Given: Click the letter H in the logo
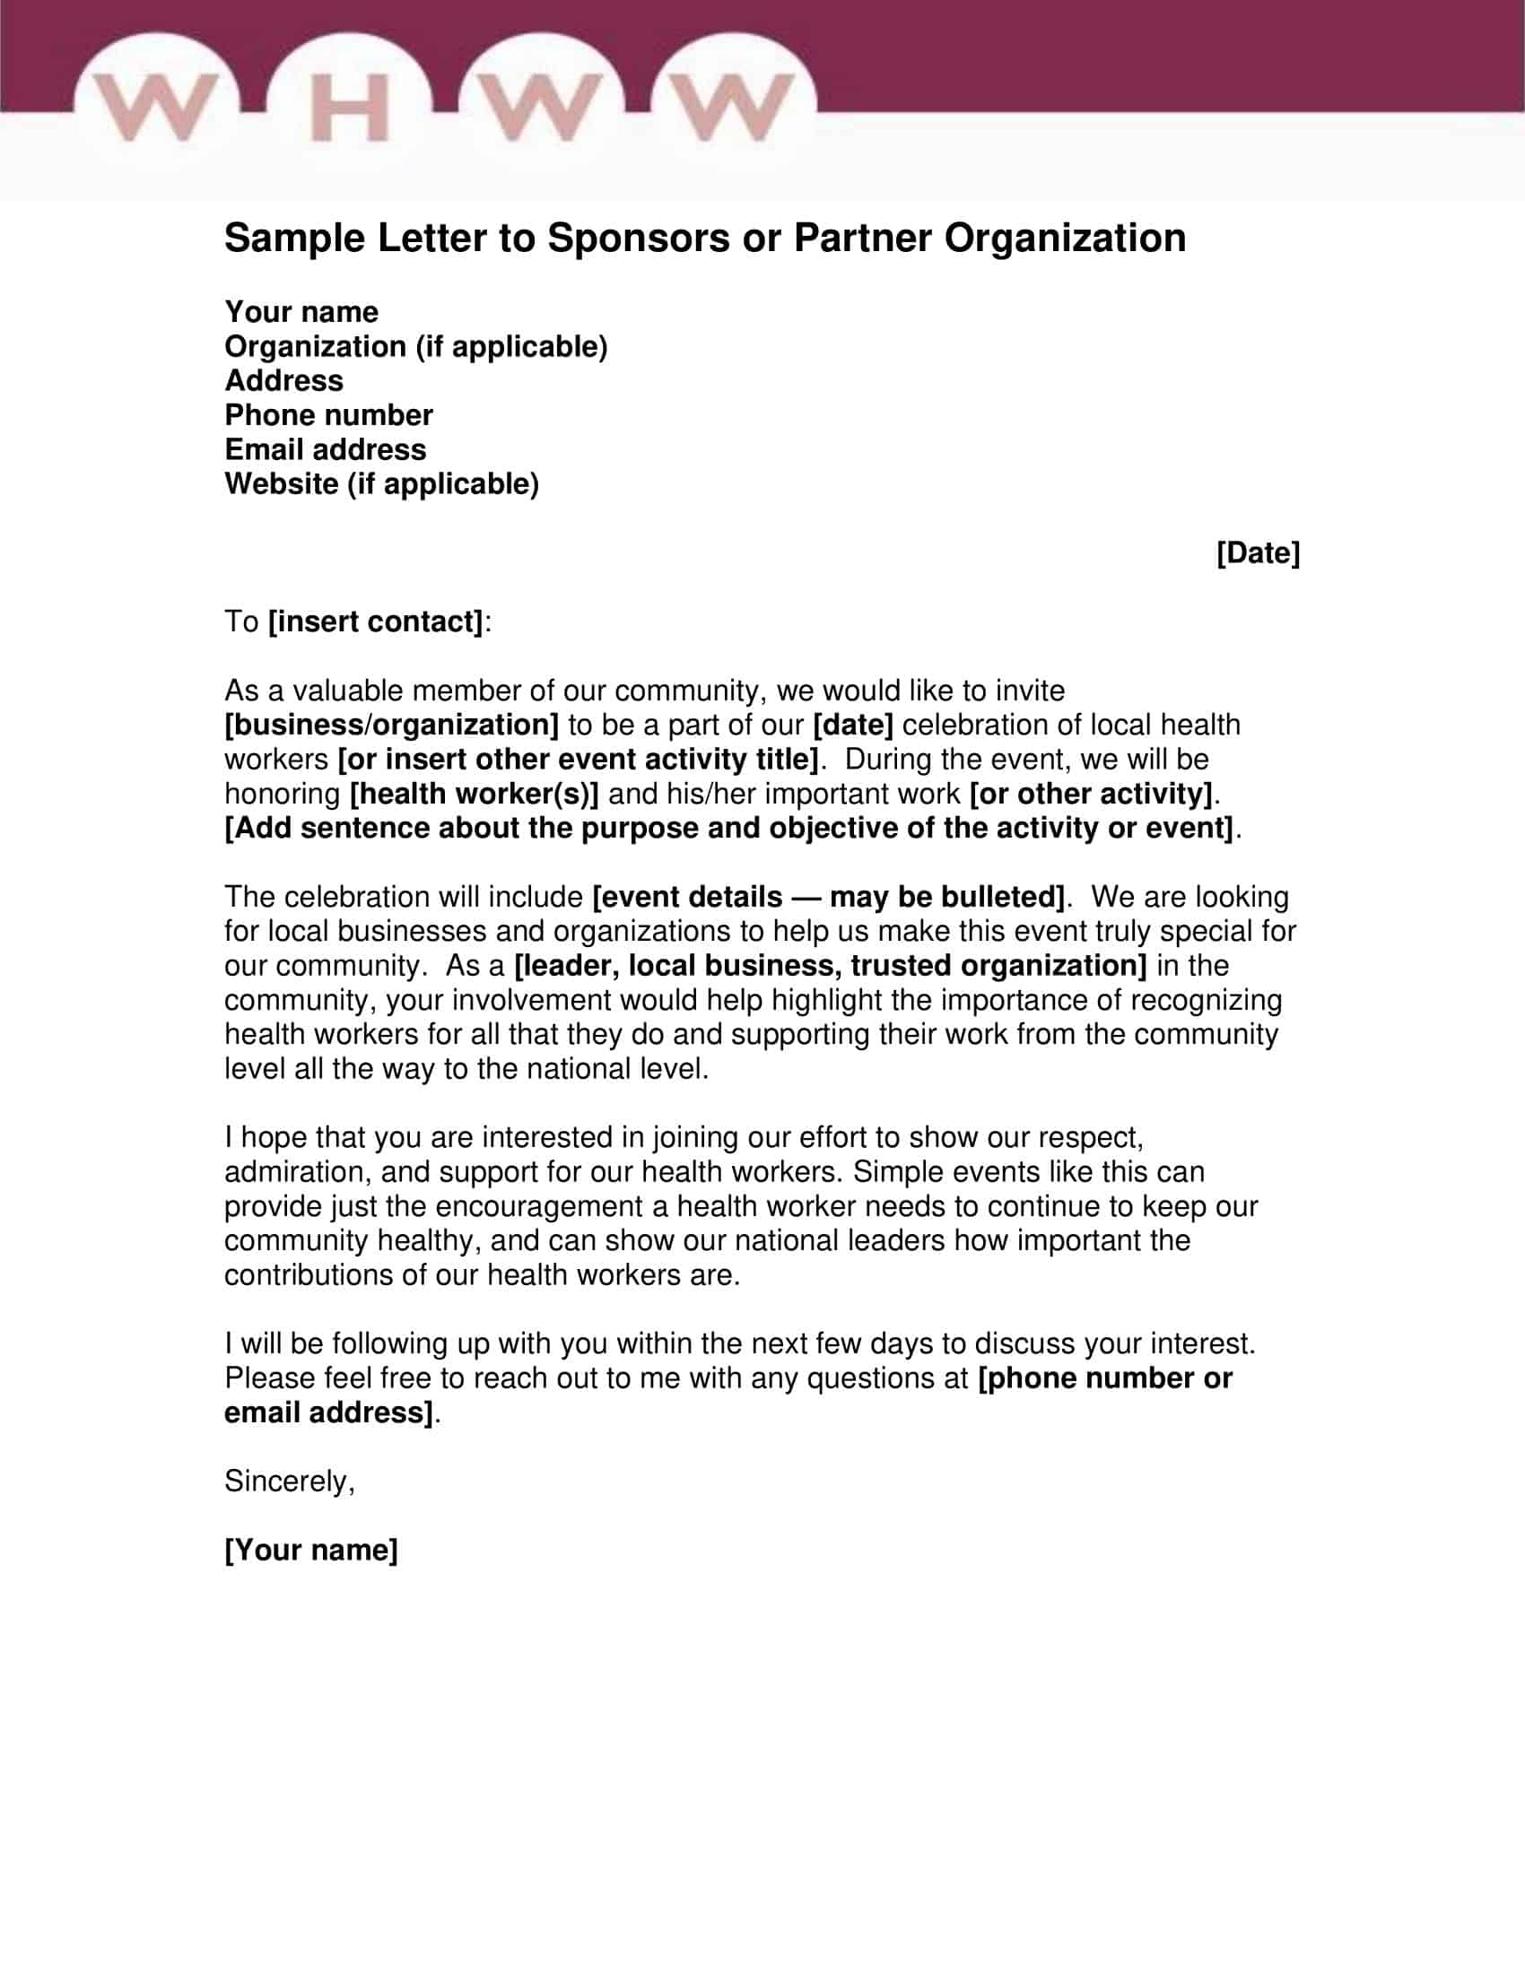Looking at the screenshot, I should (351, 108).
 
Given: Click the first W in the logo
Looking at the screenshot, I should (155, 108).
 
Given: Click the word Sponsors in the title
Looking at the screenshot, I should (638, 239).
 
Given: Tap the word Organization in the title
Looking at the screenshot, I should (1065, 239).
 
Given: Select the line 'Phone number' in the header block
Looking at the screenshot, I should (329, 415).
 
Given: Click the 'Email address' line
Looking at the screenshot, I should (326, 450).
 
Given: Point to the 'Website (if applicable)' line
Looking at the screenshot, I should (381, 484).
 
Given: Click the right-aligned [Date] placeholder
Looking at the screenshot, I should (1258, 552).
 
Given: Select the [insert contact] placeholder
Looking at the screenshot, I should (376, 621).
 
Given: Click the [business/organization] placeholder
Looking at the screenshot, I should (391, 725).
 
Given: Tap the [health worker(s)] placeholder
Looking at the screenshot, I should (475, 793).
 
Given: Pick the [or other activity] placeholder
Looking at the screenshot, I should (1091, 793).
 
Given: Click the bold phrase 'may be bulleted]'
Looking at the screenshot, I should (946, 897).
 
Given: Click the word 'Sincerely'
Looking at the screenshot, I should (285, 1481).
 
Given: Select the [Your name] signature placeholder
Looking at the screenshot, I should (310, 1550).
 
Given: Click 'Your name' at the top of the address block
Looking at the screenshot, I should (301, 312).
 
